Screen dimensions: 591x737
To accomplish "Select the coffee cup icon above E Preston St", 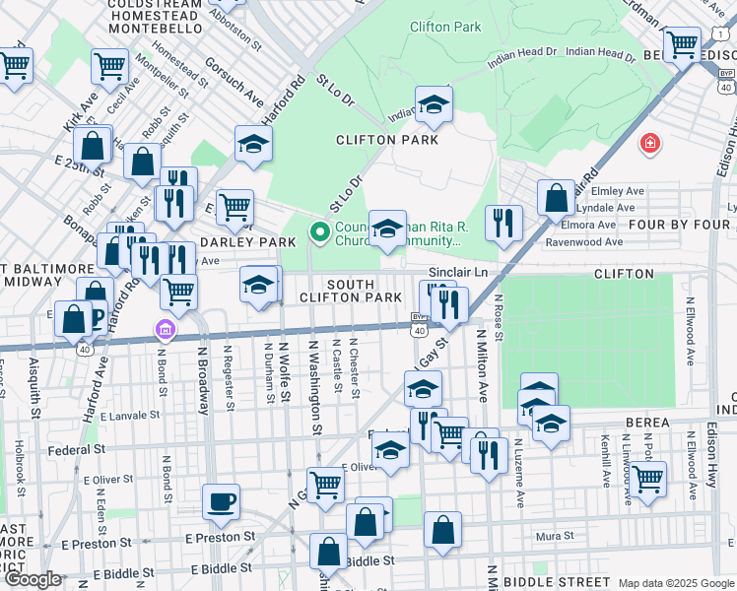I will point(221,501).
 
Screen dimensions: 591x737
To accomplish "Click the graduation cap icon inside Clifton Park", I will point(433,106).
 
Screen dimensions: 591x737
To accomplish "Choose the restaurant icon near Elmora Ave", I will point(503,223).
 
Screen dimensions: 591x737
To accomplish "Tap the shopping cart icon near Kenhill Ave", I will point(647,480).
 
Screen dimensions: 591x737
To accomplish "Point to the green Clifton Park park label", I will point(445,27).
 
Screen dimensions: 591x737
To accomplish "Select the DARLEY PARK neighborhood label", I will point(247,241).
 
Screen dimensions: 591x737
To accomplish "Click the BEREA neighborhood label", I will point(646,423).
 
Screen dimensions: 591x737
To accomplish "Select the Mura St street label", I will point(555,536).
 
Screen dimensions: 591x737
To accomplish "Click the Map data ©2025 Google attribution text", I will point(675,583).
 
